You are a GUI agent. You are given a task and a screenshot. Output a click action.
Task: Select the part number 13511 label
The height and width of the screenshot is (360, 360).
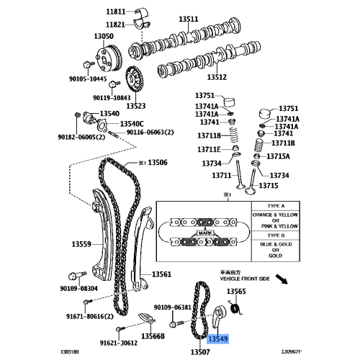[x=209, y=19]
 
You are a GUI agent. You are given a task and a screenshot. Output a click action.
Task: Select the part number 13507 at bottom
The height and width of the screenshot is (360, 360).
[x=199, y=352]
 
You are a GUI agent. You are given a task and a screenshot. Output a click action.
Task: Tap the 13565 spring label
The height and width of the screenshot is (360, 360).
[x=236, y=292]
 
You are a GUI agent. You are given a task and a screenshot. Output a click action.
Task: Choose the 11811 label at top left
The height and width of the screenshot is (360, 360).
[x=115, y=12]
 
